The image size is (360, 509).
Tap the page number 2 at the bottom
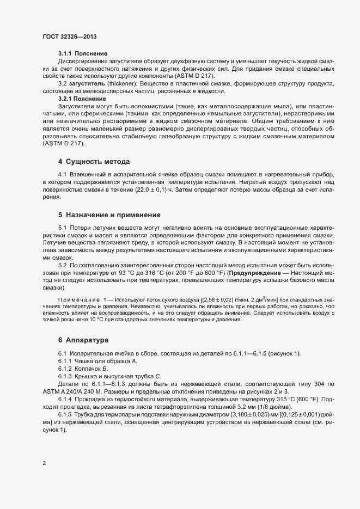coord(44,463)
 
